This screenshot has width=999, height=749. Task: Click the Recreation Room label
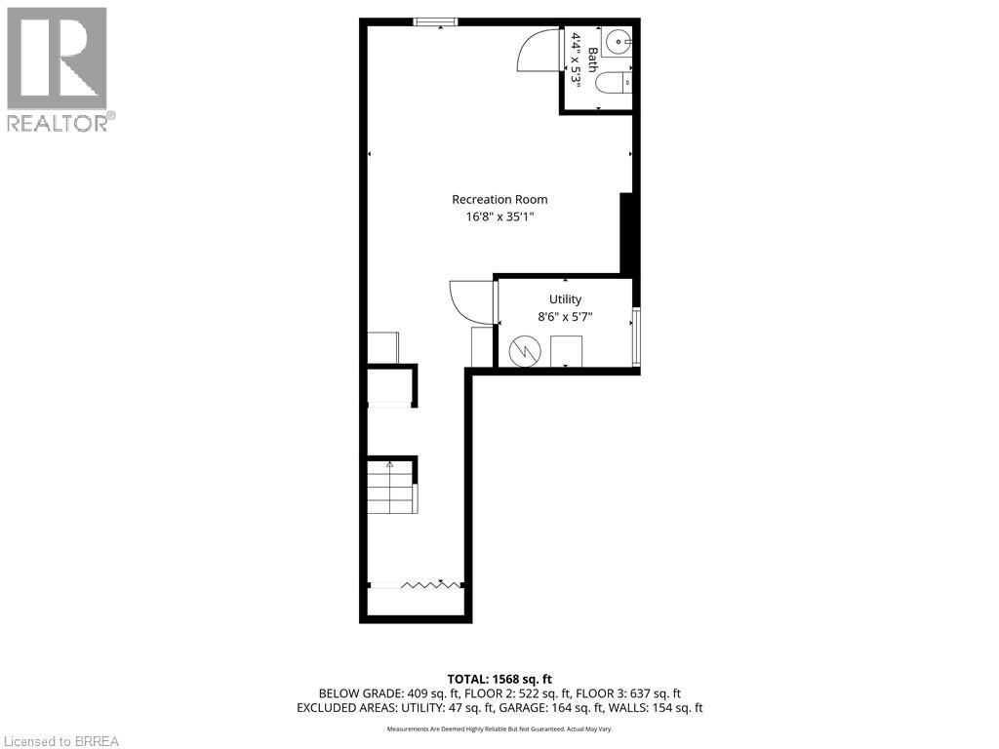pyautogui.click(x=499, y=199)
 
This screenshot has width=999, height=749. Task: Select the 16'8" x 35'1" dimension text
pyautogui.click(x=499, y=217)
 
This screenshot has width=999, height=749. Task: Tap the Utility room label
pyautogui.click(x=565, y=299)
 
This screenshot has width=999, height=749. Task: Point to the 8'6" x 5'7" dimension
pyautogui.click(x=565, y=317)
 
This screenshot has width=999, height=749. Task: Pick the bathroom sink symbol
pyautogui.click(x=619, y=42)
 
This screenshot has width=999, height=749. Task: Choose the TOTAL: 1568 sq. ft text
pyautogui.click(x=499, y=679)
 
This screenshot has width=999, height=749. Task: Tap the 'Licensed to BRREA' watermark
pyautogui.click(x=60, y=740)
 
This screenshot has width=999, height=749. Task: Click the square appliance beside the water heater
pyautogui.click(x=566, y=350)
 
